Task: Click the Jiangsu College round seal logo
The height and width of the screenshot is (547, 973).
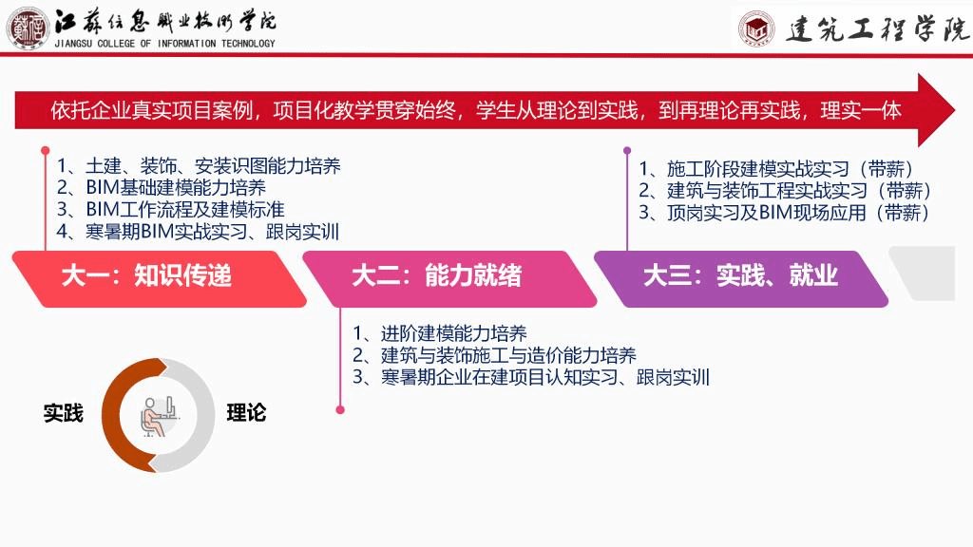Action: [28, 28]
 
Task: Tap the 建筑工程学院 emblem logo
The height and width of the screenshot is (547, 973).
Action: [756, 28]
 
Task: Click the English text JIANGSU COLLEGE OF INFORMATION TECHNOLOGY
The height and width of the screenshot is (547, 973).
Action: [164, 44]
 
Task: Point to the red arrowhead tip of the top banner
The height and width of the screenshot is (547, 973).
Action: [954, 110]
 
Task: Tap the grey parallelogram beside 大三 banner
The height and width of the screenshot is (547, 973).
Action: [923, 273]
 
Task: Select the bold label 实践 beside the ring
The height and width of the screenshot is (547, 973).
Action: [64, 413]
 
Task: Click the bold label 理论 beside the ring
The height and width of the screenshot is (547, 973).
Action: [246, 413]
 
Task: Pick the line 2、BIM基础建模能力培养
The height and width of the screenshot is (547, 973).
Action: [162, 187]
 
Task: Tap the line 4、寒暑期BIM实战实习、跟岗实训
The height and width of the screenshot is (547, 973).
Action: [198, 232]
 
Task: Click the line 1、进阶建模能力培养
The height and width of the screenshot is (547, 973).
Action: [440, 333]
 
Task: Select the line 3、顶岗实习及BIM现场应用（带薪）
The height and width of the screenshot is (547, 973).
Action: [785, 213]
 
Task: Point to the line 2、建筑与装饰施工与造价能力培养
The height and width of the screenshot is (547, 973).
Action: [494, 355]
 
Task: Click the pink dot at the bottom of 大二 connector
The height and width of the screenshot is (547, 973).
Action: [340, 410]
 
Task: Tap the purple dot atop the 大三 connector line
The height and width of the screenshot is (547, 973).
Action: [627, 151]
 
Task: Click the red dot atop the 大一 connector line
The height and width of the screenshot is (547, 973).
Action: [46, 151]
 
